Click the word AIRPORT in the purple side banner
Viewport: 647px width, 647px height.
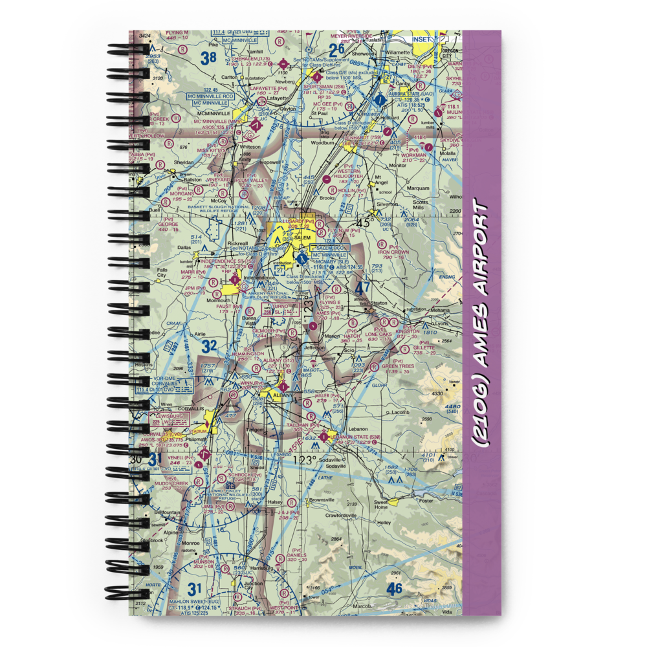(480, 258)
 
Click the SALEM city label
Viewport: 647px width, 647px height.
(302, 237)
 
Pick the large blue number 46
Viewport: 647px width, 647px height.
(394, 588)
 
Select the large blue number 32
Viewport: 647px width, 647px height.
(209, 345)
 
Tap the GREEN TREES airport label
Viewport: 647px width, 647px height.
(397, 366)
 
